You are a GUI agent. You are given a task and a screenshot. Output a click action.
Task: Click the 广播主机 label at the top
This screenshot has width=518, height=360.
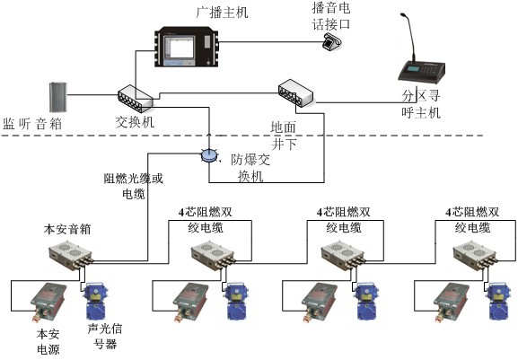222,12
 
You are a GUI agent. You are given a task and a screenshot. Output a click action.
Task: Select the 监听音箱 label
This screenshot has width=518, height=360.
32,123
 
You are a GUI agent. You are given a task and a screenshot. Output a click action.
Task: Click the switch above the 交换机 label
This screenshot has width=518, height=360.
135,99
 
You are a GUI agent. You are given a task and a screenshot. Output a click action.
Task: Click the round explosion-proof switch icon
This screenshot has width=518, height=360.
208,155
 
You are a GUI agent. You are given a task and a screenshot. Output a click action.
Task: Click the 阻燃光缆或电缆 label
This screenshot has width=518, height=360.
134,185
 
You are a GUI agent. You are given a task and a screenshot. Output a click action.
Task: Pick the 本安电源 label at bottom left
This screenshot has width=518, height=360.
48,342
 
